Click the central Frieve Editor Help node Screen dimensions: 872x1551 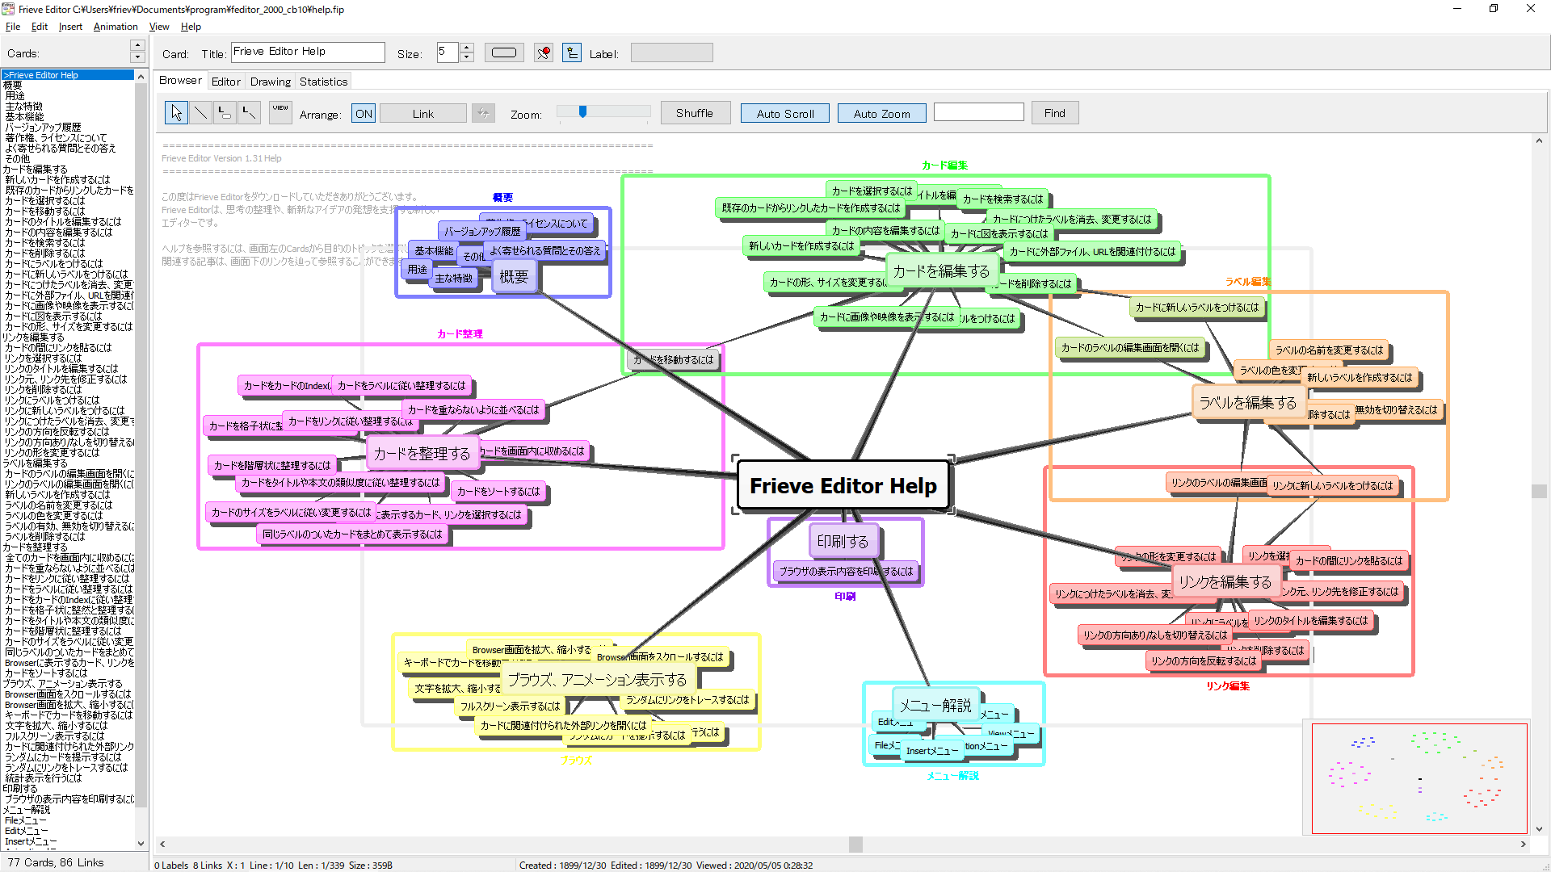point(843,485)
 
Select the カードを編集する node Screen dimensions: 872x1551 point(941,271)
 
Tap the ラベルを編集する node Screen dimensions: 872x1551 point(1247,402)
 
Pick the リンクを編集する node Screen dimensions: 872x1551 point(1225,581)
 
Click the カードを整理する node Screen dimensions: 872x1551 point(422,454)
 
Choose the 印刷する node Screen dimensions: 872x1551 point(843,541)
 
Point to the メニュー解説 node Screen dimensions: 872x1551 point(935,705)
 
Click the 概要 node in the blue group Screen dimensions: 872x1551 point(514,277)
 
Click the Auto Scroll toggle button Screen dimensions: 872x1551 point(784,114)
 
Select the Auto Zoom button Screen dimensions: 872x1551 point(881,114)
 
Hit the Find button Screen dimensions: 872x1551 point(1054,114)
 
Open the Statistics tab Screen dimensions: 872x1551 point(323,82)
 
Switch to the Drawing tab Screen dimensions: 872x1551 point(270,82)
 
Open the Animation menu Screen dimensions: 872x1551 point(116,27)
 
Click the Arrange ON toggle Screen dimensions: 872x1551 point(364,114)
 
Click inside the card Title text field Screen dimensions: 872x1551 point(308,52)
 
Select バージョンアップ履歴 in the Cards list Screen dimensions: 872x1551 point(43,128)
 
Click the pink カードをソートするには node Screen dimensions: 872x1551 point(498,491)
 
